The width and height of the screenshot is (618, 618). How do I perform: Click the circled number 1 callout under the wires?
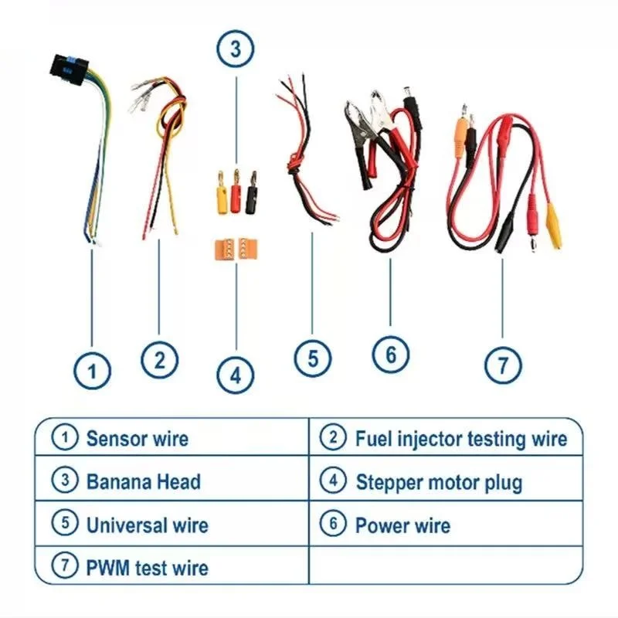(93, 372)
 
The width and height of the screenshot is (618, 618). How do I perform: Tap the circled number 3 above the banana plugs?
(236, 50)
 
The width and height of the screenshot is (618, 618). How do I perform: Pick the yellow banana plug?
(220, 195)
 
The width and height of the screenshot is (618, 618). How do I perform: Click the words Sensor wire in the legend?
(137, 439)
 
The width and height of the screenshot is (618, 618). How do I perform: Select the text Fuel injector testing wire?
(460, 439)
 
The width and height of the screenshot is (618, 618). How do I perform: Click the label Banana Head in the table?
(143, 482)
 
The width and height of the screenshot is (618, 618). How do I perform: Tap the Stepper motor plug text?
(439, 483)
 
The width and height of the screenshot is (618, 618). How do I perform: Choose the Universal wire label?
(147, 525)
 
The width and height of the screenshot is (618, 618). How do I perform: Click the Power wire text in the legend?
(402, 525)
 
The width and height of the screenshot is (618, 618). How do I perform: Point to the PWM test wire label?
(147, 569)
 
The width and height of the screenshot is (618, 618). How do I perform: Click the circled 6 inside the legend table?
(333, 525)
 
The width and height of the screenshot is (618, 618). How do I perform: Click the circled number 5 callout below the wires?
(313, 358)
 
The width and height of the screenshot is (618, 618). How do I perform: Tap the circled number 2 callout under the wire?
(159, 359)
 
